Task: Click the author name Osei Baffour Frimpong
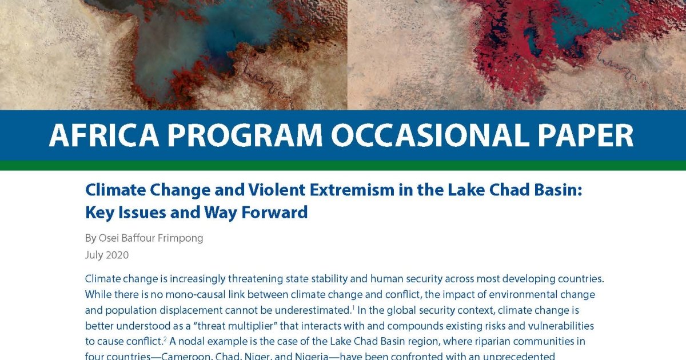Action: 151,238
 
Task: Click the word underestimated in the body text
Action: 307,311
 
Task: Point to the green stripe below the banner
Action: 343,166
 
